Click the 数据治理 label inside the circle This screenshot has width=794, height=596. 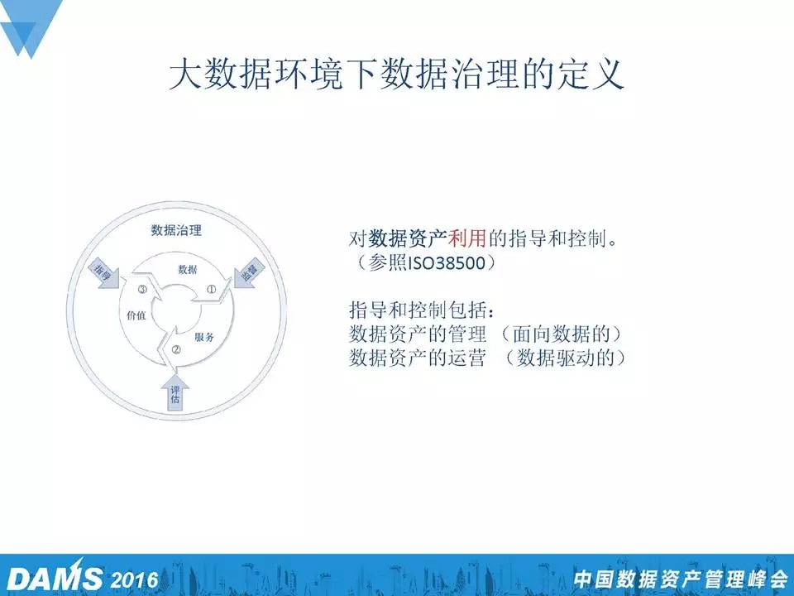coord(176,231)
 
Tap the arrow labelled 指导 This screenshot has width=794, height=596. coord(104,274)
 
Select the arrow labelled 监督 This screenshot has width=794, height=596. coord(248,273)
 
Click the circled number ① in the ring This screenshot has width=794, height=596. coord(211,290)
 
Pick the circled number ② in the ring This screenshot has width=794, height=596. coord(176,349)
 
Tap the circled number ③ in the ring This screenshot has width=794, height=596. coord(142,290)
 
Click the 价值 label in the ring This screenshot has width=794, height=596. coord(136,315)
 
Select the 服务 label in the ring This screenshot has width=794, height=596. coord(204,337)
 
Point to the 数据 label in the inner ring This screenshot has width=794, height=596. coord(188,270)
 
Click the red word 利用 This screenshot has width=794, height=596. coord(466,238)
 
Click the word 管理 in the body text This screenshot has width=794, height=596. coord(467,334)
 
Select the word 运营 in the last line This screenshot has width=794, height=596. coord(467,358)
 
